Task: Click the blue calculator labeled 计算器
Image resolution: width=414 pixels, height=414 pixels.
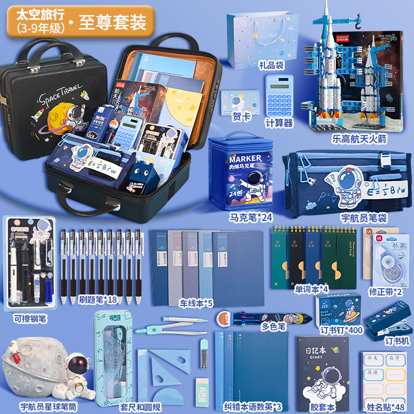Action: pyautogui.click(x=279, y=96)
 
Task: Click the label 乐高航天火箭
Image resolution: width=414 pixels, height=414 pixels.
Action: pyautogui.click(x=360, y=139)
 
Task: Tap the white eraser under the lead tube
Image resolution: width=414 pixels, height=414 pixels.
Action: pyautogui.click(x=203, y=386)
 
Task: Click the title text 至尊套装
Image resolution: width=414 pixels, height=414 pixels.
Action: pyautogui.click(x=112, y=22)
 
